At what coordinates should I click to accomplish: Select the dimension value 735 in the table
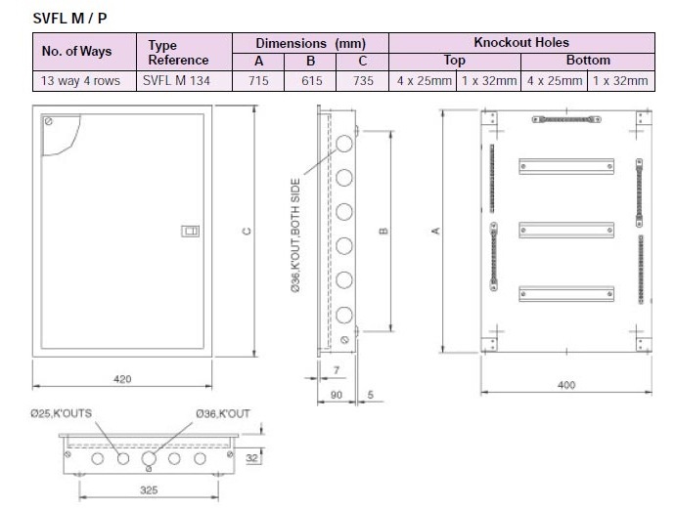tap(362, 80)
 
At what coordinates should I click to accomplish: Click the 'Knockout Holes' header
tap(520, 43)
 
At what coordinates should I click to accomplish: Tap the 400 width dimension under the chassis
tap(565, 385)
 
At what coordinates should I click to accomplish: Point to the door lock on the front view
tap(191, 232)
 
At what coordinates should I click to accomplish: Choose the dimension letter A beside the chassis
tap(434, 231)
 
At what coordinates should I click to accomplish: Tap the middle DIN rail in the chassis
tap(566, 231)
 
